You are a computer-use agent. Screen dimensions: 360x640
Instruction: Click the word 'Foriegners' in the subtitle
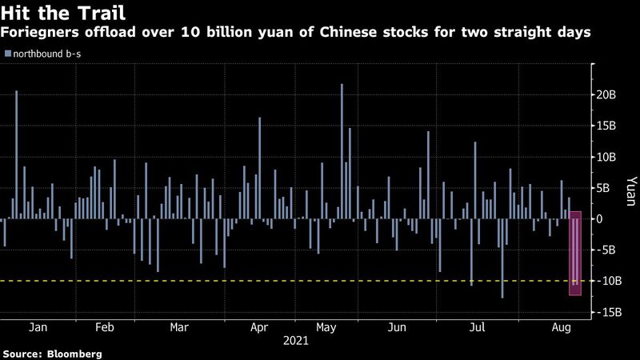(x=38, y=33)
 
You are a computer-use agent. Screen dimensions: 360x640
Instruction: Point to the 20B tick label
(x=607, y=94)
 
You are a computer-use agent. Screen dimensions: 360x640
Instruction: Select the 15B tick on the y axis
(x=607, y=126)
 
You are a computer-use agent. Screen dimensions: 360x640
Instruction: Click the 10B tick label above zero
(x=607, y=157)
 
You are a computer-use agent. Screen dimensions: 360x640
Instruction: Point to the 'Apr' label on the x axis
(x=258, y=327)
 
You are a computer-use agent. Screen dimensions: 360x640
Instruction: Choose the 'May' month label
(x=326, y=327)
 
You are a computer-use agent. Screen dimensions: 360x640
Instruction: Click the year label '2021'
(x=296, y=340)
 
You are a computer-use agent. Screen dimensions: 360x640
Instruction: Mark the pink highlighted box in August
(x=574, y=253)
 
